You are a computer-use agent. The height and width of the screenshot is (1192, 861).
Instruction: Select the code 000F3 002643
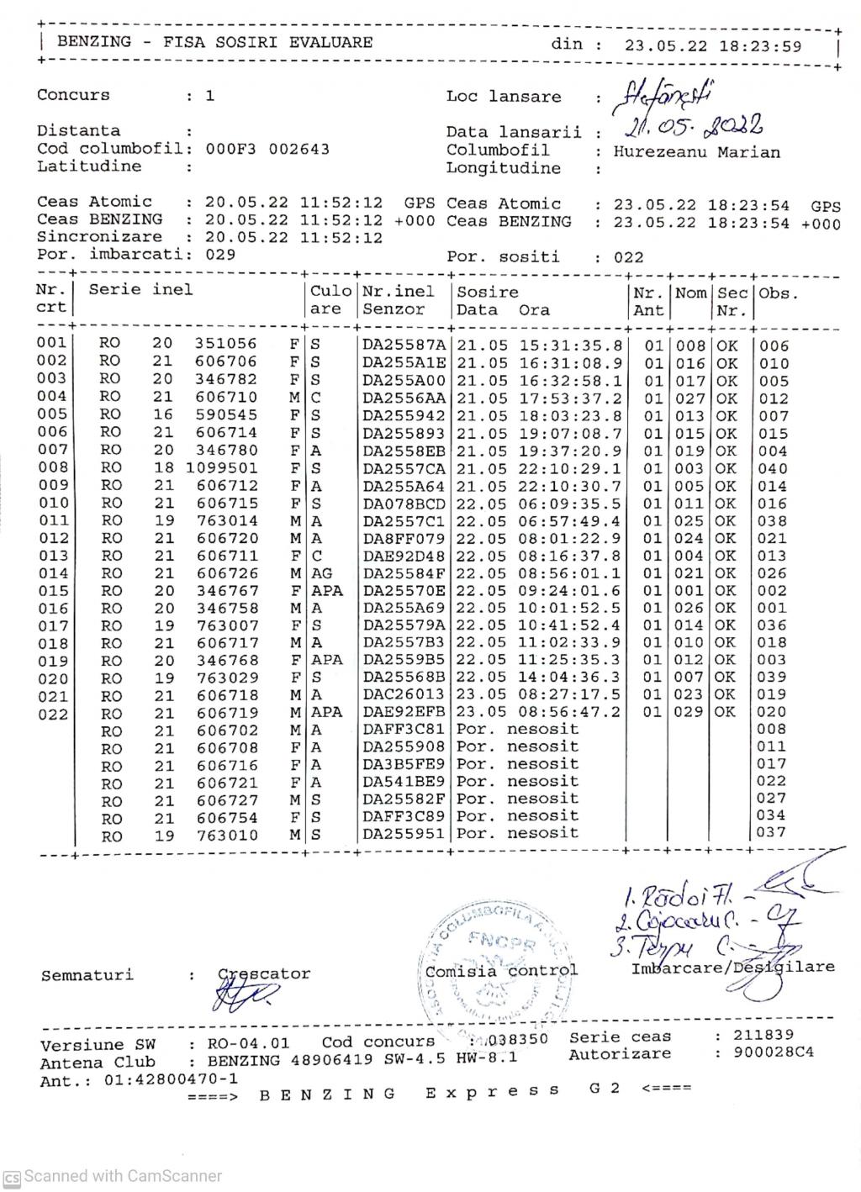pyautogui.click(x=267, y=149)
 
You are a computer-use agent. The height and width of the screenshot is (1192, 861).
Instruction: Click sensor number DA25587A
pyautogui.click(x=405, y=345)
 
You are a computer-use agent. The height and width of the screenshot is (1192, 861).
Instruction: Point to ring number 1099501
pyautogui.click(x=221, y=468)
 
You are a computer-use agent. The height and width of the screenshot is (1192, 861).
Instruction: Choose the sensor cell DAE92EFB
pyautogui.click(x=405, y=712)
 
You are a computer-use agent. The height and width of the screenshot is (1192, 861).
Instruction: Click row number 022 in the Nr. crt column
pyautogui.click(x=51, y=713)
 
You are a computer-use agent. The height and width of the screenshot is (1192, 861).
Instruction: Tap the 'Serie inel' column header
pyautogui.click(x=140, y=290)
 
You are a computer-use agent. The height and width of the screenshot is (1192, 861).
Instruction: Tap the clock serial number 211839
pyautogui.click(x=763, y=1035)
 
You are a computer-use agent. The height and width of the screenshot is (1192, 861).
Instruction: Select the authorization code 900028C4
pyautogui.click(x=774, y=1052)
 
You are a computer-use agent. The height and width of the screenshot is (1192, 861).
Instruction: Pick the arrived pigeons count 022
pyautogui.click(x=628, y=257)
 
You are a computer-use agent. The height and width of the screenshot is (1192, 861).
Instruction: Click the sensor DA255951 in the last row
pyautogui.click(x=405, y=834)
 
